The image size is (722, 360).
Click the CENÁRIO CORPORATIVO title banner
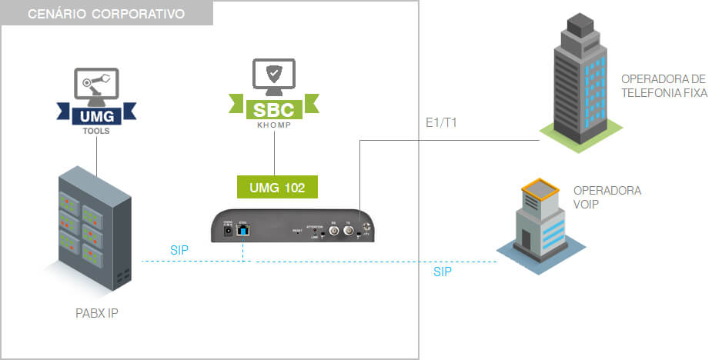pos(107,14)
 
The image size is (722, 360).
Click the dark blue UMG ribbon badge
pos(97,115)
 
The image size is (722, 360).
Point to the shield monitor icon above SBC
pos(273,75)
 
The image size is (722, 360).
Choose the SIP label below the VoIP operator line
pos(443,272)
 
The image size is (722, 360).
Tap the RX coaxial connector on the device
pos(334,229)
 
